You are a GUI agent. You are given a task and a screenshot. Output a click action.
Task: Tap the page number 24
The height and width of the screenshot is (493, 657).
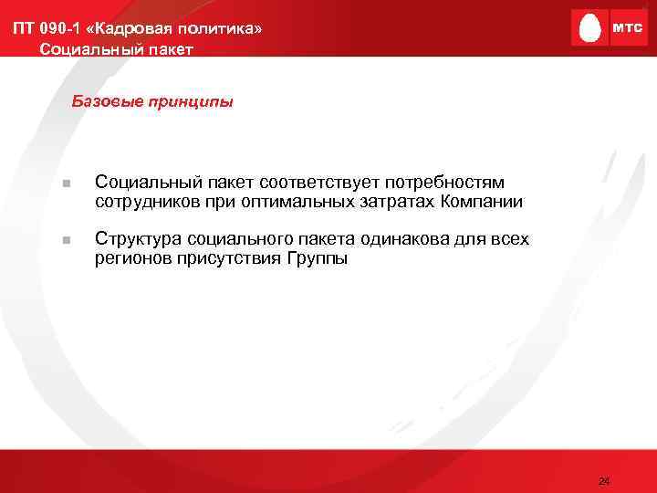[603, 480]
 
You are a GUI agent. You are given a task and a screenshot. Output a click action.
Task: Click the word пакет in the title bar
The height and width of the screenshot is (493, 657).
[167, 48]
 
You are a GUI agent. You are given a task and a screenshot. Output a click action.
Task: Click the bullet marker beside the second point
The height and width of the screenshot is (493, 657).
[66, 240]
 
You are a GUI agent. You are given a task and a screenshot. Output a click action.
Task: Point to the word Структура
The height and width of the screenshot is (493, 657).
[139, 239]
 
